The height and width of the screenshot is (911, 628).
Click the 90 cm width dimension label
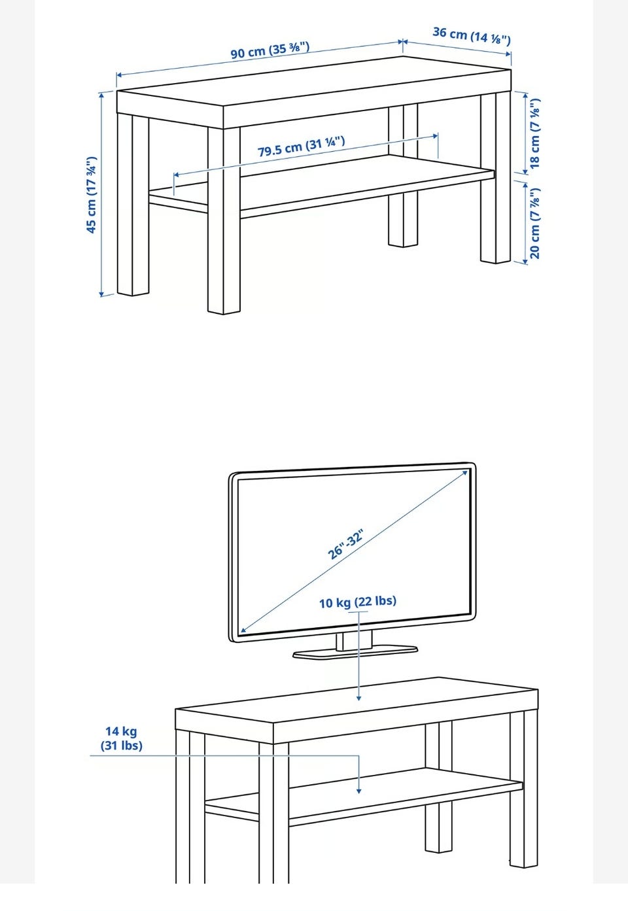pos(270,50)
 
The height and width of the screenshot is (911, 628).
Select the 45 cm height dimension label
pos(92,195)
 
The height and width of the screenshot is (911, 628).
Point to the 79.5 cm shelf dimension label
pos(302,146)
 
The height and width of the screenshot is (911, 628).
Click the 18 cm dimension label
pos(535,133)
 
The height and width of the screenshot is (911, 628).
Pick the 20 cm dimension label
pos(535,223)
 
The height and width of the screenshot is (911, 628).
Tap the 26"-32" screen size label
pos(345,545)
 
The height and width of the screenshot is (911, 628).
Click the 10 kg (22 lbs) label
pos(358,602)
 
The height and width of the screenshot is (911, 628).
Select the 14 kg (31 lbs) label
pos(121,738)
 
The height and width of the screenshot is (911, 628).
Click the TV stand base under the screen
pos(355,653)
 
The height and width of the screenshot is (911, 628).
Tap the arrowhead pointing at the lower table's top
pos(358,698)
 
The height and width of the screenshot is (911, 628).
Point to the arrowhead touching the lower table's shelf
pos(358,791)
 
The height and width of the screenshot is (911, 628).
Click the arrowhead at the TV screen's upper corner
pos(465,473)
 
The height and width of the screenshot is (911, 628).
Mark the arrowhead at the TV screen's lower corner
pos(243,630)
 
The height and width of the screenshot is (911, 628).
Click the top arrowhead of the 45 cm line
pos(101,95)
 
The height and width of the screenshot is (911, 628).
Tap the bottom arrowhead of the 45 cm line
pos(101,293)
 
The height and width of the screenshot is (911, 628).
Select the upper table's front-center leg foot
pos(224,311)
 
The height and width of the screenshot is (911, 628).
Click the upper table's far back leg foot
pos(403,243)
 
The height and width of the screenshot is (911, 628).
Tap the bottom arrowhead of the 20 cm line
pos(525,261)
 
